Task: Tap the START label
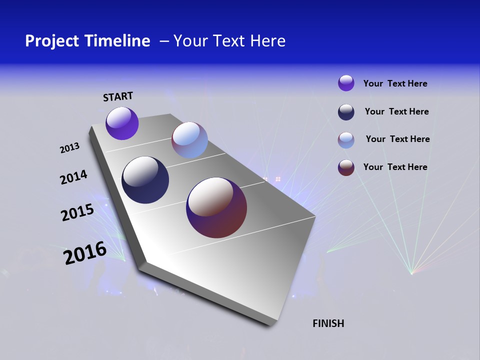tap(118, 96)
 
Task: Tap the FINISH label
tap(328, 323)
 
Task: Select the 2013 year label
tap(69, 148)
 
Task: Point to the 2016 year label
tap(85, 253)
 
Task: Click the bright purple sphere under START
tap(122, 123)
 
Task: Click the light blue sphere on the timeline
tap(189, 140)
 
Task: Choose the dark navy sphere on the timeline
tap(145, 180)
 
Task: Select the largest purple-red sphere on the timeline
tap(216, 207)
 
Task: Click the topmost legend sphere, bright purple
tap(346, 83)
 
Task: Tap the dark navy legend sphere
tap(346, 112)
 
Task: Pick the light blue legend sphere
tap(346, 140)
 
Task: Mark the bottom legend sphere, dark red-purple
tap(346, 167)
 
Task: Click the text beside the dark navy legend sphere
tap(396, 111)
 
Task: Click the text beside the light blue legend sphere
tap(397, 139)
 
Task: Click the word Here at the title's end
tap(267, 41)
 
